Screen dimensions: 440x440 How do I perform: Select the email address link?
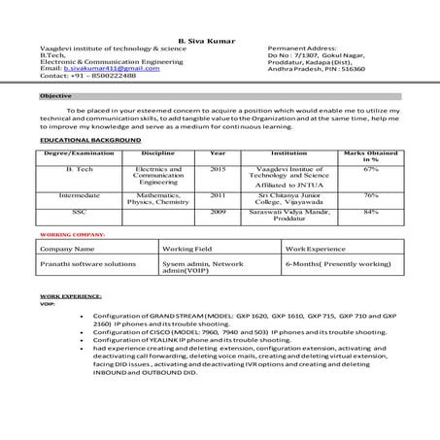click(x=111, y=68)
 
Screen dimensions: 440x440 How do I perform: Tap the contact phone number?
click(x=102, y=76)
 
